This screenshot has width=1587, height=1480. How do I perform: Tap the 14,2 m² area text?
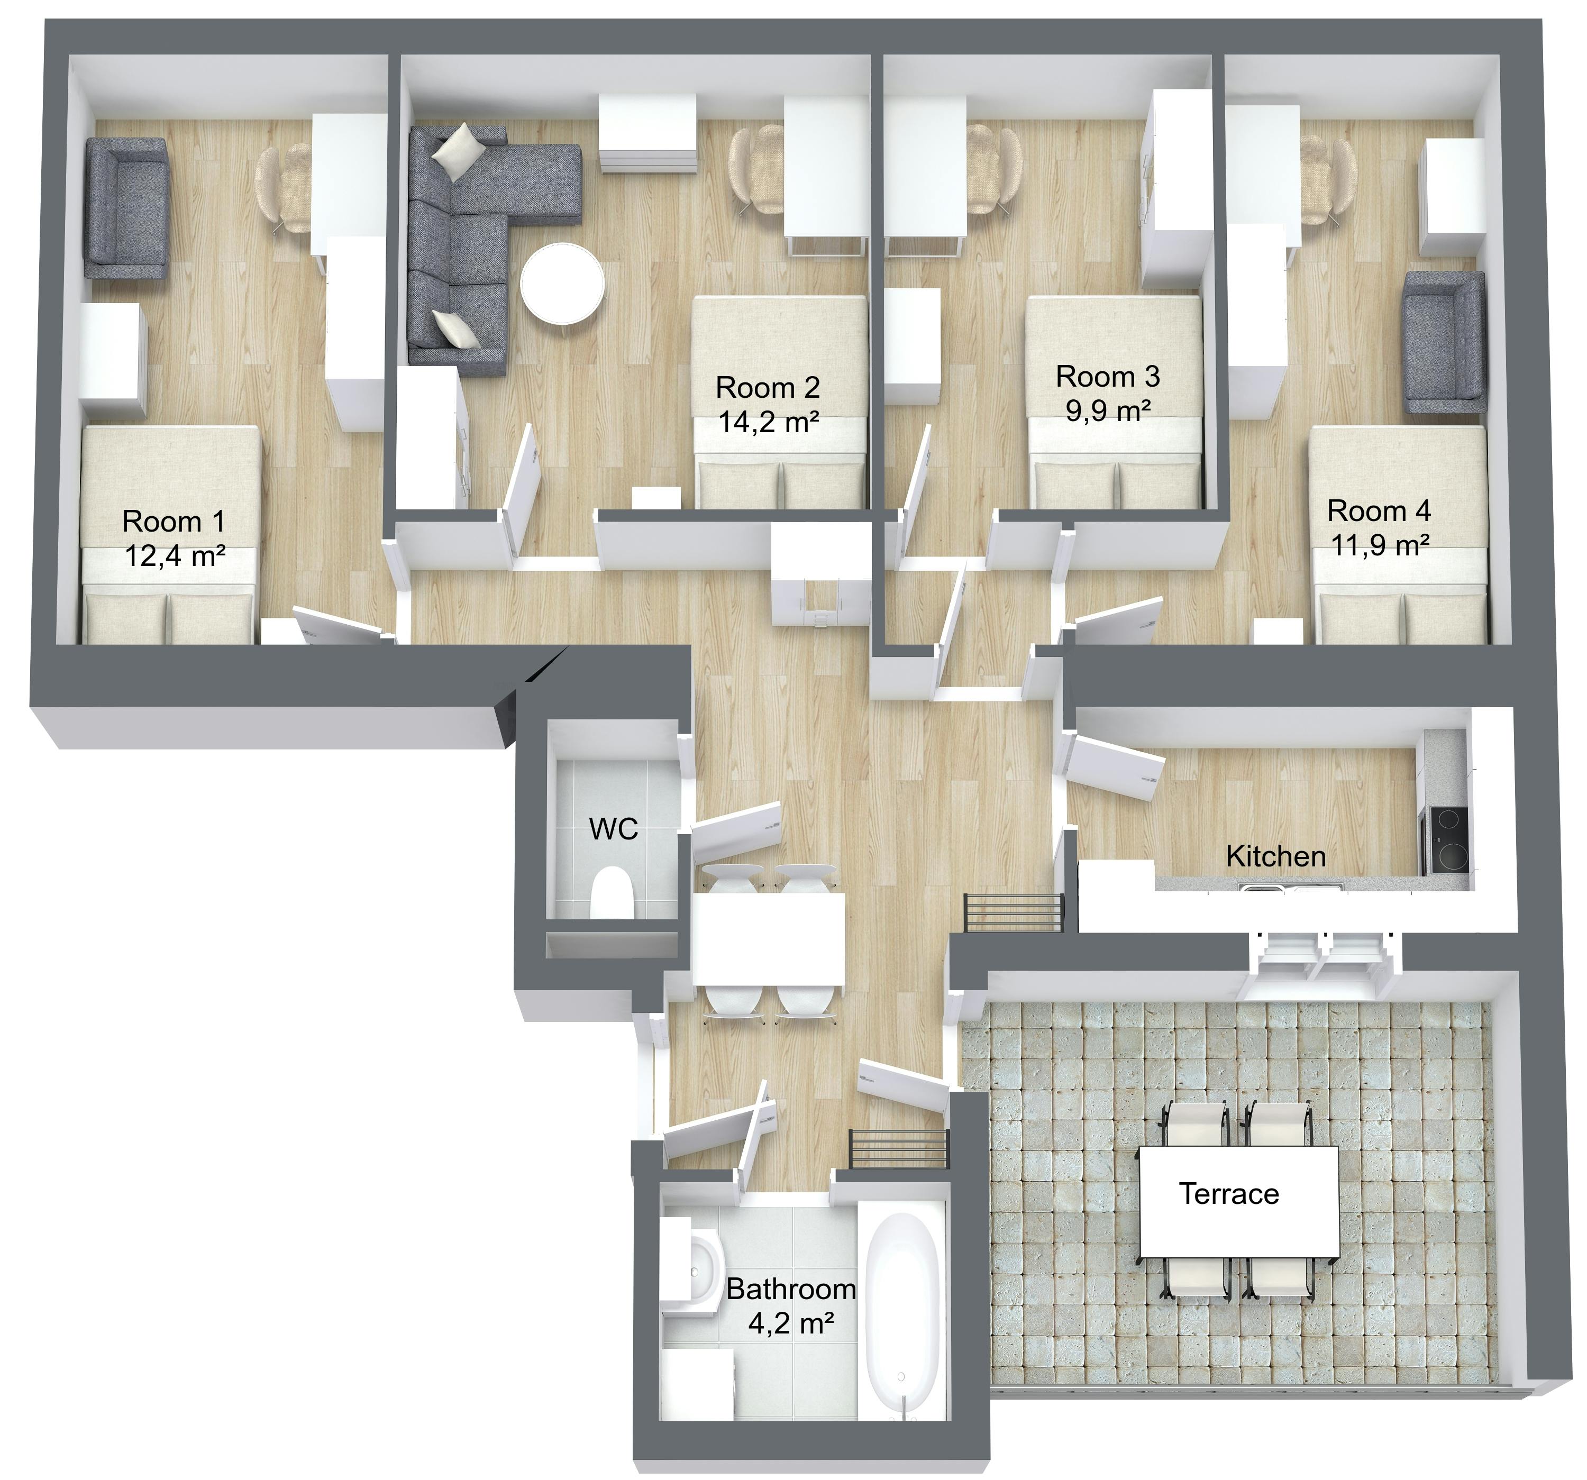pos(768,422)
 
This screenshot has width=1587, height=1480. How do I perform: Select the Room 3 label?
pos(1107,376)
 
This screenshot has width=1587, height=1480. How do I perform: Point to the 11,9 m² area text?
pos(1379,545)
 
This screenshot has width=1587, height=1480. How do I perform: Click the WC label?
pos(613,829)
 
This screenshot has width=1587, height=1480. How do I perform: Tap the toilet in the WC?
pos(612,894)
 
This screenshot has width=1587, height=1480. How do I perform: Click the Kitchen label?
pos(1275,856)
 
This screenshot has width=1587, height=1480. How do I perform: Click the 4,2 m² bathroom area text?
pos(790,1324)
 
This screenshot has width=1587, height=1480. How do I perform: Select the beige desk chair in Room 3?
pos(996,169)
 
